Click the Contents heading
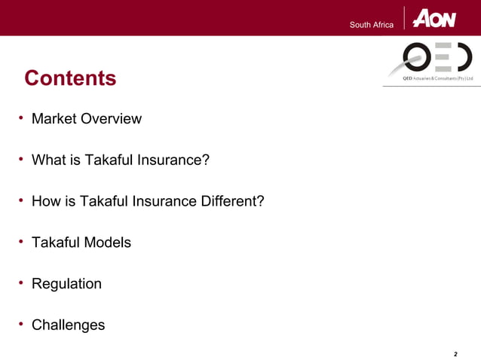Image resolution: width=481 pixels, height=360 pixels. (70, 78)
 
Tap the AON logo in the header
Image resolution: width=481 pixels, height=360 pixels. (434, 19)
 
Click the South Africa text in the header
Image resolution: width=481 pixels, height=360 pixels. (371, 26)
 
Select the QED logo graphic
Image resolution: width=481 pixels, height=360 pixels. (427, 57)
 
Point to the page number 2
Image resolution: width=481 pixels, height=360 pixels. (455, 352)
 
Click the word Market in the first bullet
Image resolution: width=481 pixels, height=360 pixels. (54, 119)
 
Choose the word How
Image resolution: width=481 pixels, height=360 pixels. (45, 202)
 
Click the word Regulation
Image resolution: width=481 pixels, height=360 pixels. (66, 284)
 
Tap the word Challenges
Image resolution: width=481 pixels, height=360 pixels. (68, 325)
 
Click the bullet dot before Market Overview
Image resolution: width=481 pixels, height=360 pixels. (22, 118)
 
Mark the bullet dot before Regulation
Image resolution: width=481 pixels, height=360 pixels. (22, 283)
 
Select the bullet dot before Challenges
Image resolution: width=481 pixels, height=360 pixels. (22, 325)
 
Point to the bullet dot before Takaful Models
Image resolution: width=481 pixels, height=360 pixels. (22, 242)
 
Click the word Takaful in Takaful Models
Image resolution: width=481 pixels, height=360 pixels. (56, 243)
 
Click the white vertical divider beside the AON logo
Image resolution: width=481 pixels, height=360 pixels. (405, 18)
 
